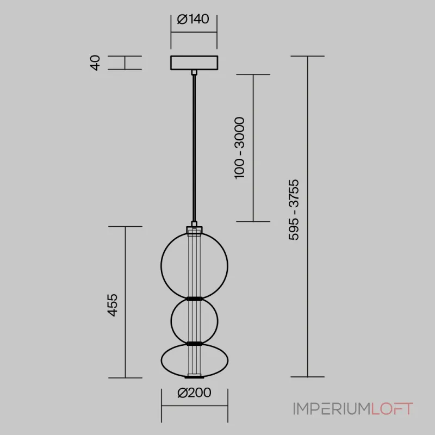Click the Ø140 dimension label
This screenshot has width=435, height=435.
[193, 19]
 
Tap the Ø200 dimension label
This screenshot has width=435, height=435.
[194, 393]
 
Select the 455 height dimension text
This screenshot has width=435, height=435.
[113, 305]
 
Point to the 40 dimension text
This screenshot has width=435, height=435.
[95, 63]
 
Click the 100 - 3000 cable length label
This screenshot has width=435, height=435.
[239, 148]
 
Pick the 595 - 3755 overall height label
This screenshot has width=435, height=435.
[294, 210]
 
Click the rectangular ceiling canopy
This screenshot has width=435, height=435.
[194, 63]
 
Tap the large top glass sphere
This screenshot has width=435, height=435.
[161, 266]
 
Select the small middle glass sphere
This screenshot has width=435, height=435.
[171, 321]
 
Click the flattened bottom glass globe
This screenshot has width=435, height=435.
[161, 361]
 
